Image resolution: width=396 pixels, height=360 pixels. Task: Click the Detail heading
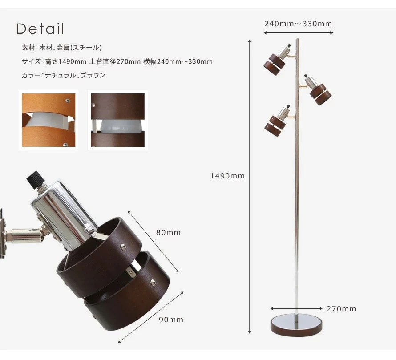40,28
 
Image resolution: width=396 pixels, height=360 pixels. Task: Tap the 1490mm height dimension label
227,176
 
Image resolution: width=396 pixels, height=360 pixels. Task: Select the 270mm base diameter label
341,309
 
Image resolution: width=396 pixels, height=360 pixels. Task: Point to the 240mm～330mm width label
298,24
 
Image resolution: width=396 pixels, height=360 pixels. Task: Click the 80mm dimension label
168,232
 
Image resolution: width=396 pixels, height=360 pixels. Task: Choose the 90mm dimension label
171,320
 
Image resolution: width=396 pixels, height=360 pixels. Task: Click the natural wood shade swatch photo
48,120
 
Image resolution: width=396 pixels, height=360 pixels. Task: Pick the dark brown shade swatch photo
118,120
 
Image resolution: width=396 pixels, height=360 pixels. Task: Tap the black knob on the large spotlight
36,180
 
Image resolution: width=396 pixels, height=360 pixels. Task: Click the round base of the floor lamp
296,325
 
